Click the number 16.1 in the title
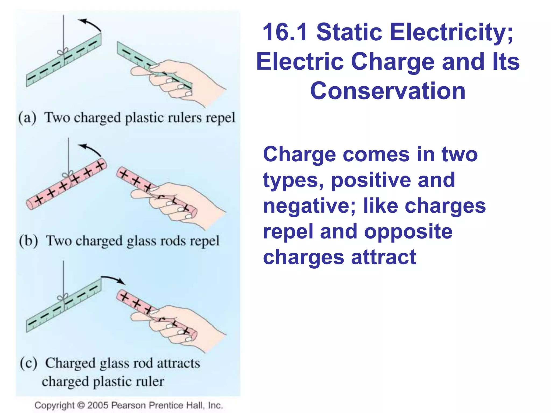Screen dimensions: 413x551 pyautogui.click(x=285, y=32)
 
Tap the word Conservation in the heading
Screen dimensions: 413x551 pyautogui.click(x=388, y=91)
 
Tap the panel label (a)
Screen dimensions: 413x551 pyautogui.click(x=27, y=118)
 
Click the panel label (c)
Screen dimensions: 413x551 pyautogui.click(x=29, y=363)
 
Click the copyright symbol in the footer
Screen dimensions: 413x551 pyautogui.click(x=81, y=405)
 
